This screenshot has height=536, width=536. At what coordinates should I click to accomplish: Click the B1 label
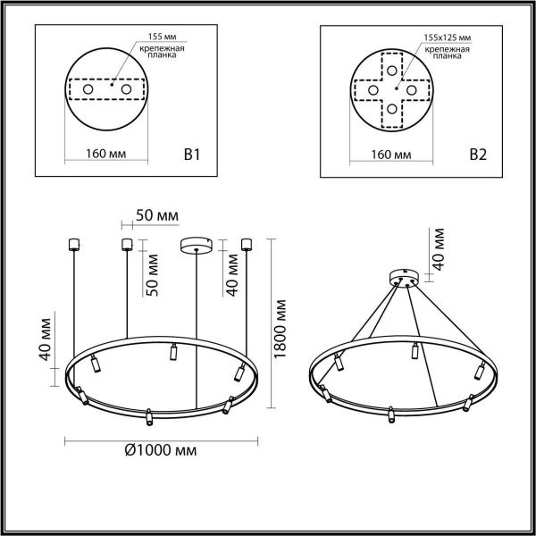pyautogui.click(x=190, y=155)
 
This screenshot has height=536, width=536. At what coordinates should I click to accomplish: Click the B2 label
pyautogui.click(x=478, y=155)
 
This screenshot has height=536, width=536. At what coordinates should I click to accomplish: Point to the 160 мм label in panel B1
pyautogui.click(x=105, y=155)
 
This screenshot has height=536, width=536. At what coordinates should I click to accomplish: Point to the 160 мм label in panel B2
pyautogui.click(x=390, y=155)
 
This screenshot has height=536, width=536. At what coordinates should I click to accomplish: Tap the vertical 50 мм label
pyautogui.click(x=153, y=274)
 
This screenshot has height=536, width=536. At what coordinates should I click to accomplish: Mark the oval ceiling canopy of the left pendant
pyautogui.click(x=197, y=244)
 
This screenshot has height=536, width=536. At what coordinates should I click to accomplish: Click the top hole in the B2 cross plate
pyautogui.click(x=390, y=71)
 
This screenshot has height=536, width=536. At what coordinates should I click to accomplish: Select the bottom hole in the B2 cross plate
pyautogui.click(x=390, y=110)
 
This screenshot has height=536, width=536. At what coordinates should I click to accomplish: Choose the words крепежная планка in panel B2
pyautogui.click(x=448, y=52)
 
